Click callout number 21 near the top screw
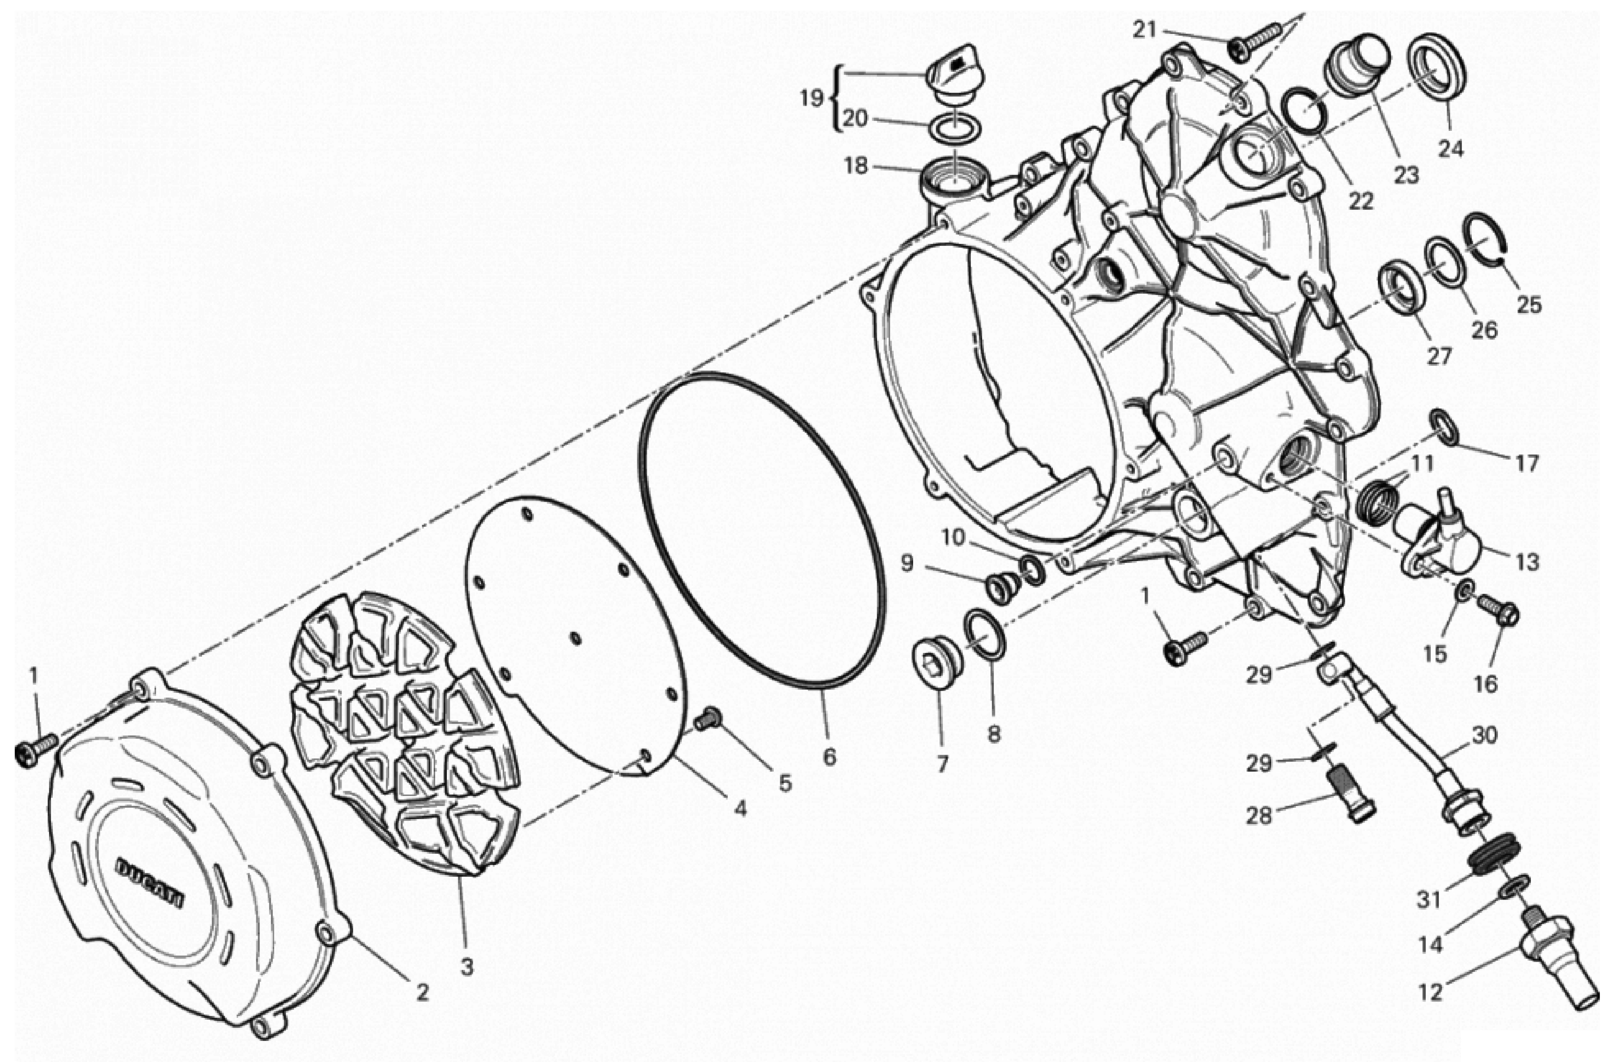coord(1144,29)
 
